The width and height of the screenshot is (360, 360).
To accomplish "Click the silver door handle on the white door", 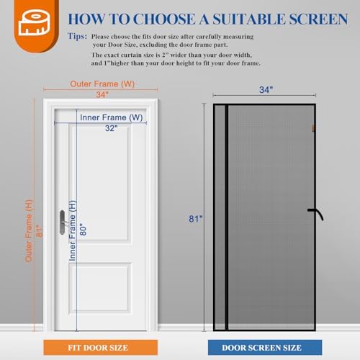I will [x=63, y=220].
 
